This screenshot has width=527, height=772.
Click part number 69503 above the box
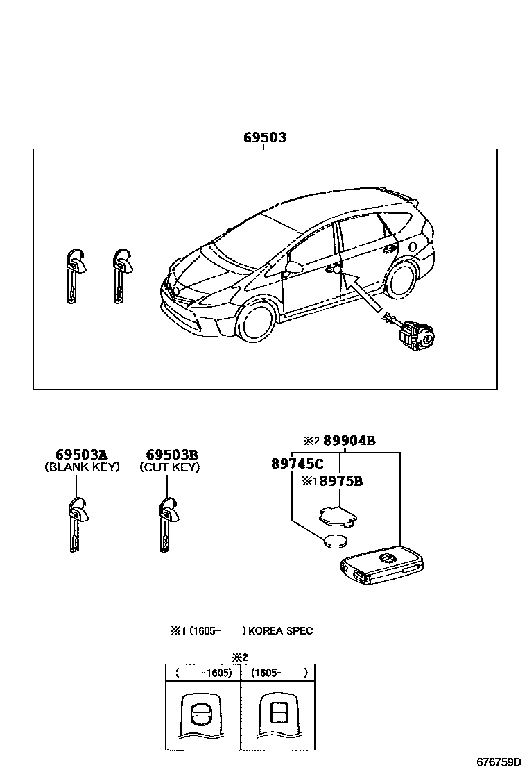[x=264, y=138]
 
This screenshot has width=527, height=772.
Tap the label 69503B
[x=169, y=455]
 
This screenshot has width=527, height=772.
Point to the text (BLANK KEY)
[x=82, y=467]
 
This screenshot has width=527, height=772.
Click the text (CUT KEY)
[x=169, y=467]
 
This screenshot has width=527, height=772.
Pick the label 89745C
[x=297, y=463]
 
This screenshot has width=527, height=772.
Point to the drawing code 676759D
[x=497, y=762]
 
